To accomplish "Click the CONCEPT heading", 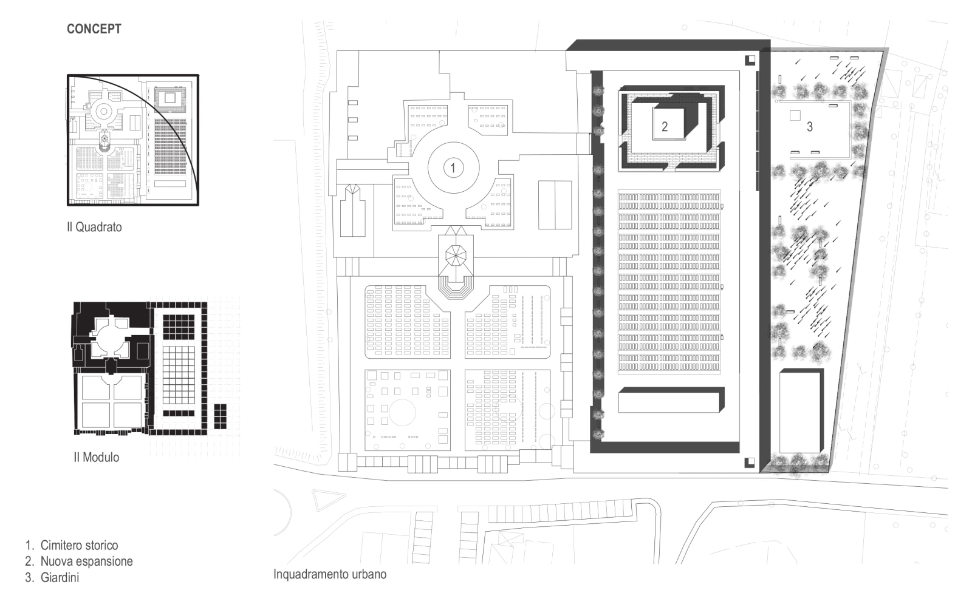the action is coord(94,29).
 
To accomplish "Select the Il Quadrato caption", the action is coord(94,227).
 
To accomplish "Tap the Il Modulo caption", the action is coord(97,457).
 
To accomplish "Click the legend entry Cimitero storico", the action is coord(79,546).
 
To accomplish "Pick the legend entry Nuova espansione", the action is coord(86,561).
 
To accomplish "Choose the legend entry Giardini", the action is coord(60,577).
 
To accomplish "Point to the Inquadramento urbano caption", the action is coord(330,574).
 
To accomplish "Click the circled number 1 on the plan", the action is coord(453,168).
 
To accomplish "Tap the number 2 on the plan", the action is coord(665,127).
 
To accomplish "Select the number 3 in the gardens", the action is coord(809,127).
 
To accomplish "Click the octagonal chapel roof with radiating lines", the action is coord(456,256).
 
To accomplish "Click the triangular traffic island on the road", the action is coord(327,499).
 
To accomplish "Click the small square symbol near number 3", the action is coord(795,115).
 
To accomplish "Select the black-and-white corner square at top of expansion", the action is coord(750,60).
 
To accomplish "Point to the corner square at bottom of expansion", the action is coord(750,463).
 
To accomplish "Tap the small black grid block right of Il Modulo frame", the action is coord(221,416).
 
